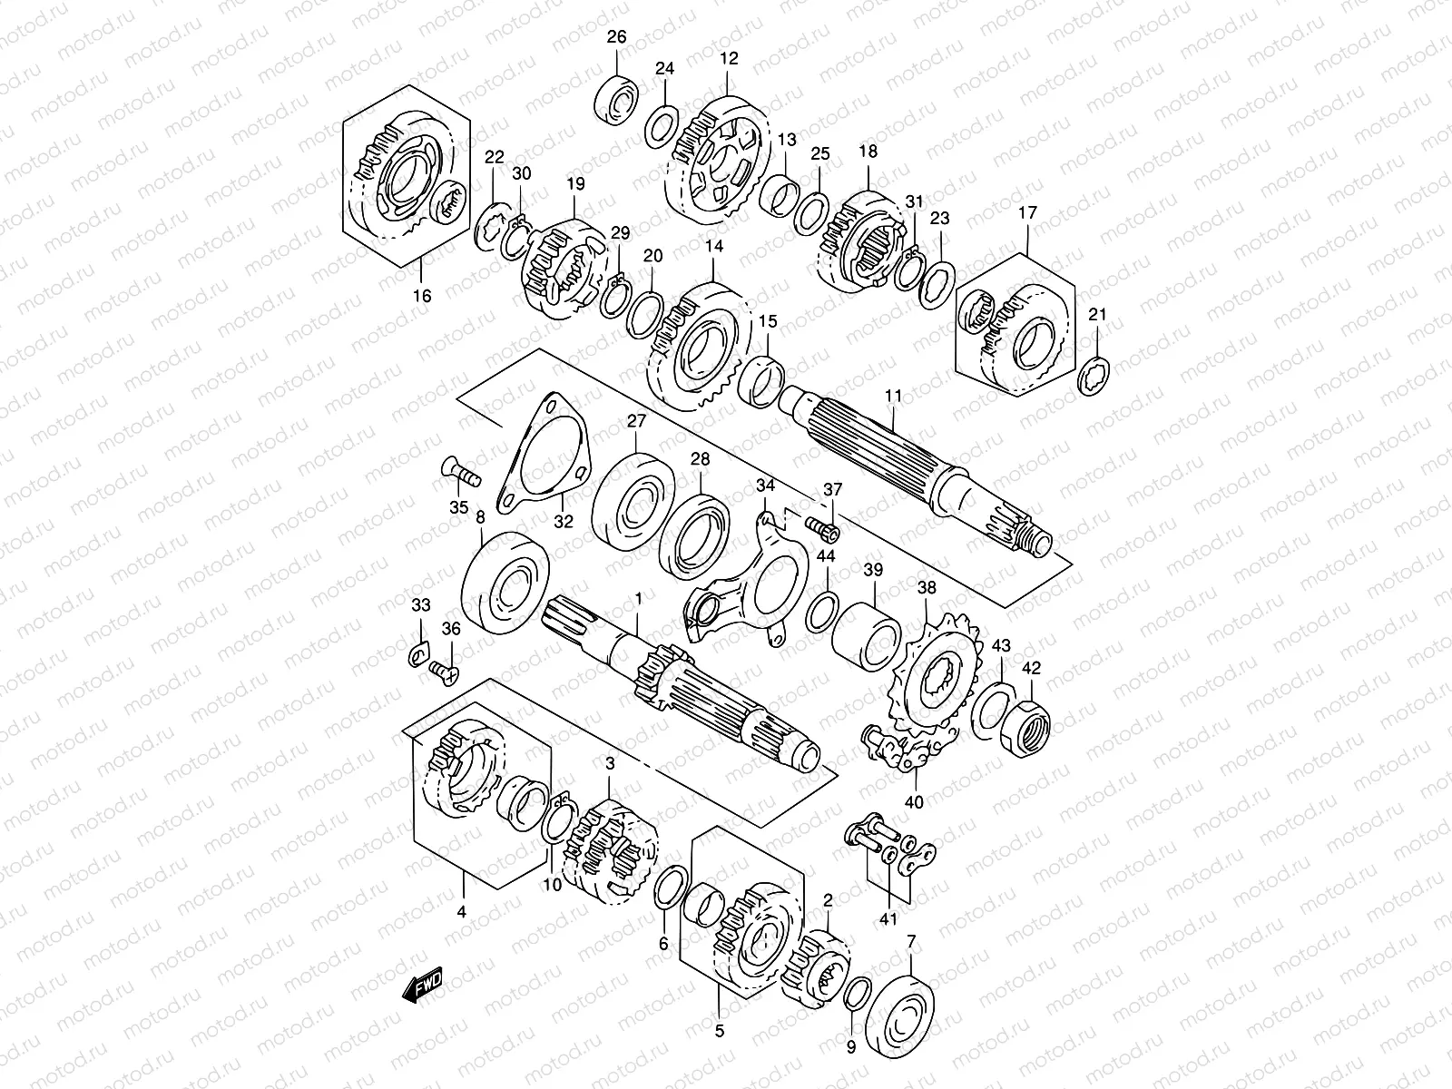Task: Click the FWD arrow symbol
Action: tap(422, 985)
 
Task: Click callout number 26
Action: tap(616, 37)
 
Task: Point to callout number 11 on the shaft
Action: tap(893, 396)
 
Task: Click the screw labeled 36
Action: tap(443, 671)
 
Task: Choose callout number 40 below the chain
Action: tap(914, 802)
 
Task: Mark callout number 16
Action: tap(422, 295)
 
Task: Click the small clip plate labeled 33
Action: tap(420, 653)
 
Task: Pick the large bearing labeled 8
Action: tap(505, 584)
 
